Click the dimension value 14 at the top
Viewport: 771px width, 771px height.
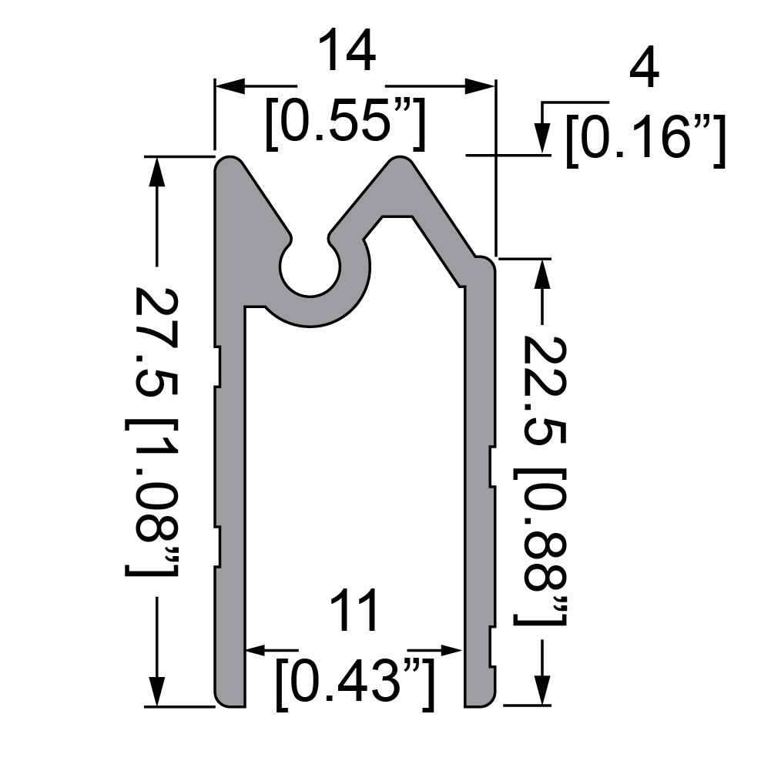coord(347,50)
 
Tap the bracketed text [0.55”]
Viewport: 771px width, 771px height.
coord(345,123)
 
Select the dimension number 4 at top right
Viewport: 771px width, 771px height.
coord(644,69)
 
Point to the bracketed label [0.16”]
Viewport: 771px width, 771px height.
coord(645,141)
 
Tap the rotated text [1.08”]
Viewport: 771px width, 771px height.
coord(152,497)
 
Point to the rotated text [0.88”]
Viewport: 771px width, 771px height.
coord(540,546)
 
